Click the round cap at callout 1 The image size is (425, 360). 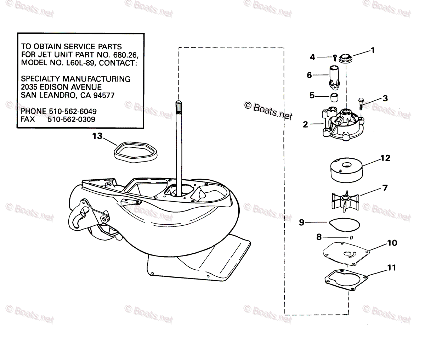click(345, 58)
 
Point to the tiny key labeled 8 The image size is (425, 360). click(352, 237)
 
